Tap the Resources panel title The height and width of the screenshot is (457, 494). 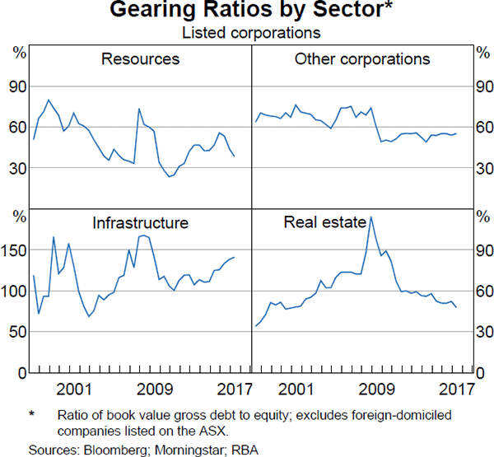(140, 59)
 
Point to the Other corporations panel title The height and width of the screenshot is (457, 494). (361, 59)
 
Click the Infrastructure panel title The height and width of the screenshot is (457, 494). (140, 222)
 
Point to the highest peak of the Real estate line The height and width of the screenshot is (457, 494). (371, 217)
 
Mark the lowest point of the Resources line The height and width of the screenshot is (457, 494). (170, 176)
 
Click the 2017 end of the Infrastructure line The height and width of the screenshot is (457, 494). (235, 258)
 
